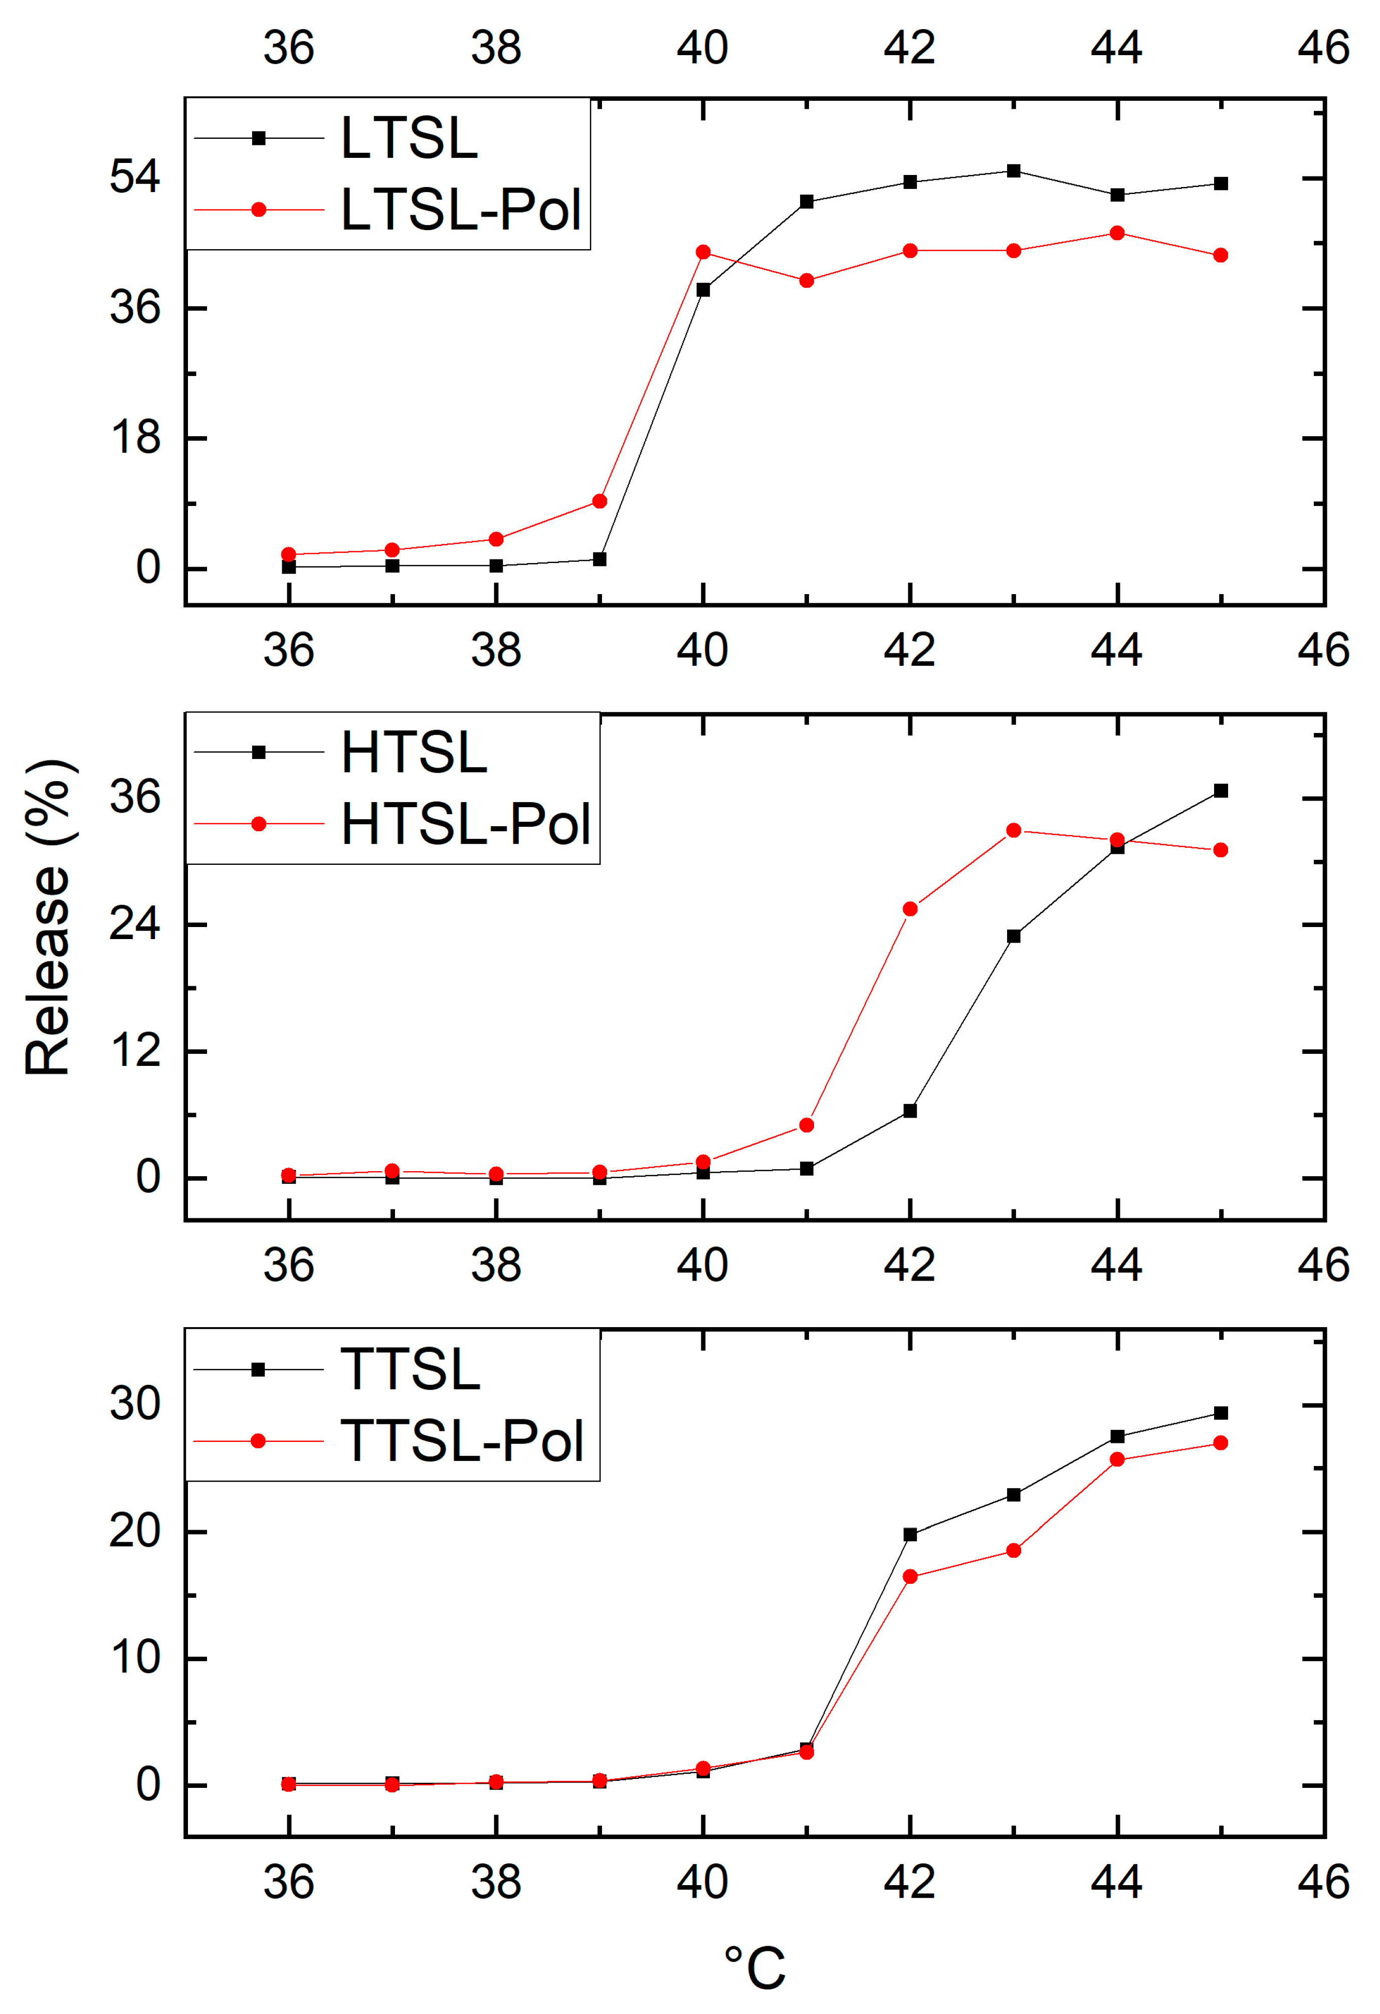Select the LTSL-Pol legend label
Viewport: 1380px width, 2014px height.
[x=460, y=211]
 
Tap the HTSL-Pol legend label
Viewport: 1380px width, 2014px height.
[x=465, y=824]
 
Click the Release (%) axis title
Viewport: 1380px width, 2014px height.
[x=48, y=919]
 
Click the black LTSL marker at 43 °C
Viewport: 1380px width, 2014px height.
[x=1014, y=171]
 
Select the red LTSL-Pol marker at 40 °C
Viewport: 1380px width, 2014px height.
[x=703, y=252]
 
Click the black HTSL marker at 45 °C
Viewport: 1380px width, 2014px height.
[x=1221, y=790]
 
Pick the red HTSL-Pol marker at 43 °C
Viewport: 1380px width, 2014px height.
[x=1014, y=830]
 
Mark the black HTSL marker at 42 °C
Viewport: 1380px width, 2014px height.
[x=910, y=1110]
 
